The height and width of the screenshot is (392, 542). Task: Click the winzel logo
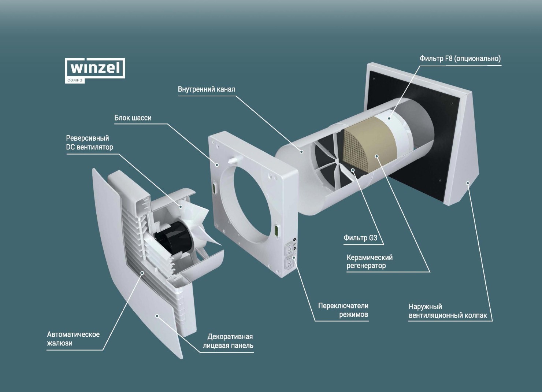(x=95, y=70)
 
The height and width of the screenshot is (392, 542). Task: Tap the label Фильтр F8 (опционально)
(x=460, y=59)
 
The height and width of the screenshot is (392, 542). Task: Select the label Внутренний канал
(x=207, y=89)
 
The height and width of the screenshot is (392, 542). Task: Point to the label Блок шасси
(x=133, y=118)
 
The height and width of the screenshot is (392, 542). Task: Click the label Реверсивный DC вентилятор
(x=89, y=143)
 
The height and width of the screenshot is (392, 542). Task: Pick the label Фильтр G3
(x=360, y=237)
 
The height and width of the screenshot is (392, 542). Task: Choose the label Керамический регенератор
(x=370, y=261)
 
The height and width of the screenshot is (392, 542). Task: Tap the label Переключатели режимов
(x=343, y=310)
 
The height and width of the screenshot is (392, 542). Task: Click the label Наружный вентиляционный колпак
(x=448, y=311)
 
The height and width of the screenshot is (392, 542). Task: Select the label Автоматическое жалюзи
(x=73, y=339)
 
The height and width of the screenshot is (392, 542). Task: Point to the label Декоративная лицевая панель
(x=228, y=341)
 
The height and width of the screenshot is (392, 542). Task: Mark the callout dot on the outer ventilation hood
(x=468, y=183)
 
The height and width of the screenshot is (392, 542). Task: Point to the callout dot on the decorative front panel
(x=157, y=315)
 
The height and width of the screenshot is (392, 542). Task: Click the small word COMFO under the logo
(x=75, y=80)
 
